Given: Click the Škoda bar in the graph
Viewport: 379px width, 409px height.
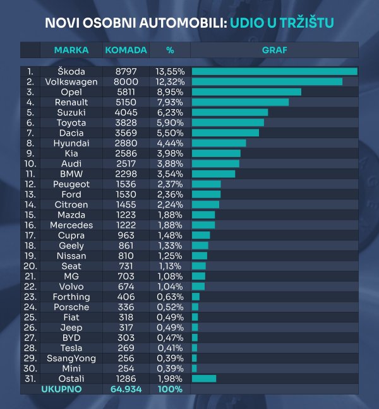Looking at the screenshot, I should pyautogui.click(x=274, y=71).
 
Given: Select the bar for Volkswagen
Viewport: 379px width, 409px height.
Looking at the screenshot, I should pyautogui.click(x=267, y=81).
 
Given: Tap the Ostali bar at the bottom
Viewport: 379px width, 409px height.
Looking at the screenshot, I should pyautogui.click(x=203, y=379).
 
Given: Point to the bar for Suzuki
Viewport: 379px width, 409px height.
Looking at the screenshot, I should pyautogui.click(x=230, y=112).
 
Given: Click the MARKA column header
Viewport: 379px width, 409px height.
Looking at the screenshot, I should pyautogui.click(x=71, y=50).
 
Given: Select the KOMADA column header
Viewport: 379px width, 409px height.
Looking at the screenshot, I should pyautogui.click(x=126, y=50).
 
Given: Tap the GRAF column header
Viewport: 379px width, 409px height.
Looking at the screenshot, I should pyautogui.click(x=274, y=50).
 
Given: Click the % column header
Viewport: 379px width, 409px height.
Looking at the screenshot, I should pyautogui.click(x=170, y=50).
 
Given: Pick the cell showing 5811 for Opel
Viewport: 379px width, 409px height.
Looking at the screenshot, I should pyautogui.click(x=126, y=92).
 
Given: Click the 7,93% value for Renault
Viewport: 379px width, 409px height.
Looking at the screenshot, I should pyautogui.click(x=170, y=102).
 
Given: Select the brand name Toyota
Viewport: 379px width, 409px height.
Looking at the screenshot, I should pyautogui.click(x=71, y=122).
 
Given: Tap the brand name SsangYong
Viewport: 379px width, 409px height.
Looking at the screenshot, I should pyautogui.click(x=71, y=358).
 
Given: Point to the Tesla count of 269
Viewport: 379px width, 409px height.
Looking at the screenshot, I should pyautogui.click(x=126, y=348).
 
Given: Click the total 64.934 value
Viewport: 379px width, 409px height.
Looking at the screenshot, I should pyautogui.click(x=126, y=389).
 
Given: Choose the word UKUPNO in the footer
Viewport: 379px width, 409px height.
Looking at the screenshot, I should pyautogui.click(x=61, y=389).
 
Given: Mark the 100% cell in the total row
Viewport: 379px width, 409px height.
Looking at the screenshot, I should pyautogui.click(x=170, y=389).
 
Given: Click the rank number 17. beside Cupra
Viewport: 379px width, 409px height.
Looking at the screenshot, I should pyautogui.click(x=30, y=235).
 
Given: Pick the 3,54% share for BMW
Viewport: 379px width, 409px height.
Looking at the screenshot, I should pyautogui.click(x=170, y=174).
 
